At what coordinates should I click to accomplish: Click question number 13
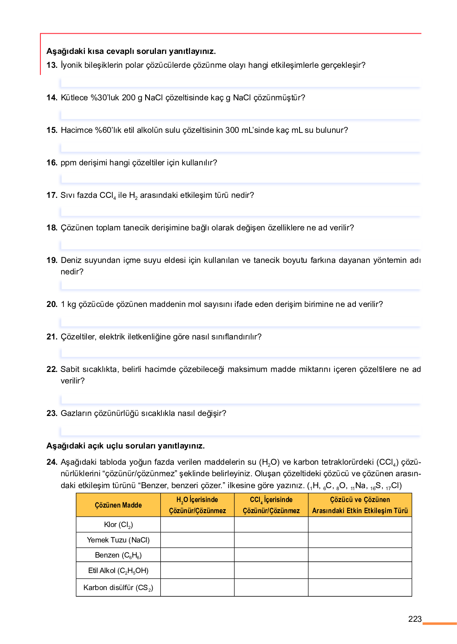pos(52,65)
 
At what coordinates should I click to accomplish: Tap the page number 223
pos(415,619)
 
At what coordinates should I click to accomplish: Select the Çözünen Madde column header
pos(118,505)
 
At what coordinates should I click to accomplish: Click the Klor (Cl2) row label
pos(118,525)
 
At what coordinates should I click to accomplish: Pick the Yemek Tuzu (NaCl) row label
pos(118,540)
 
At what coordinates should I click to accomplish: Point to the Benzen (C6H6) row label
pos(118,555)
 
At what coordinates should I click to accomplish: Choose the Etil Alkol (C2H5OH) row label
pos(118,571)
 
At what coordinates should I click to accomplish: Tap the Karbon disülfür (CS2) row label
pos(118,588)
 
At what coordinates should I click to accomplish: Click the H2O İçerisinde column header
pos(197,505)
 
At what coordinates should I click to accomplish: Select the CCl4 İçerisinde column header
pos(271,505)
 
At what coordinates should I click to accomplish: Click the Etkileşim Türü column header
pos(360,505)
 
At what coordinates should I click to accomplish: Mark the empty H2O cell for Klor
pos(197,525)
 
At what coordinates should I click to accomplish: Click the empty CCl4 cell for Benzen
pos(271,555)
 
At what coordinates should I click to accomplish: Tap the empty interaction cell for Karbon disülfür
pos(360,588)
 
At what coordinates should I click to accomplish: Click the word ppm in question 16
pos(69,163)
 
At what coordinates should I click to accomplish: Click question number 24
pos(52,462)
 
